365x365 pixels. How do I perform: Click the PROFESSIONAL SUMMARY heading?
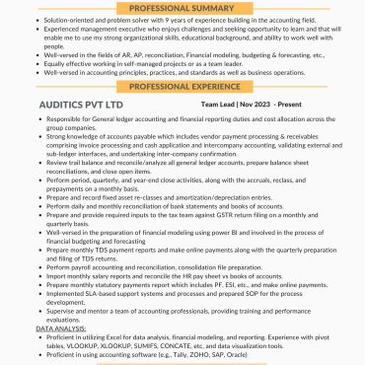point(182,6)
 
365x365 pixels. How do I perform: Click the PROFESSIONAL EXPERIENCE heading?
point(182,86)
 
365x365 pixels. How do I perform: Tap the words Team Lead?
point(220,103)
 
